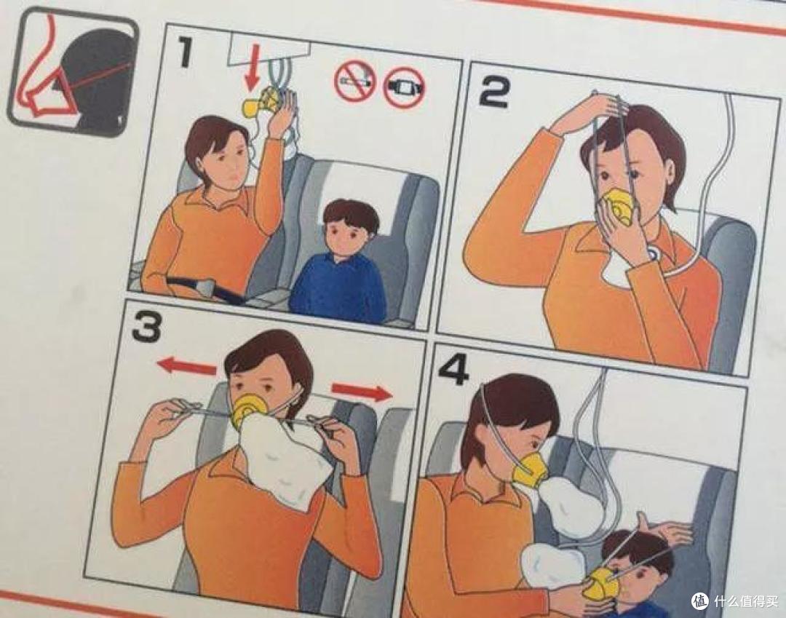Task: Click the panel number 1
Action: pyautogui.click(x=185, y=53)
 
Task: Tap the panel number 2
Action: pyautogui.click(x=494, y=92)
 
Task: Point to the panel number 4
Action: pyautogui.click(x=453, y=369)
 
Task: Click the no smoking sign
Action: pyautogui.click(x=355, y=82)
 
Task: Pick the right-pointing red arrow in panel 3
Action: pyautogui.click(x=362, y=390)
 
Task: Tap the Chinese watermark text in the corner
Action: pyautogui.click(x=745, y=601)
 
